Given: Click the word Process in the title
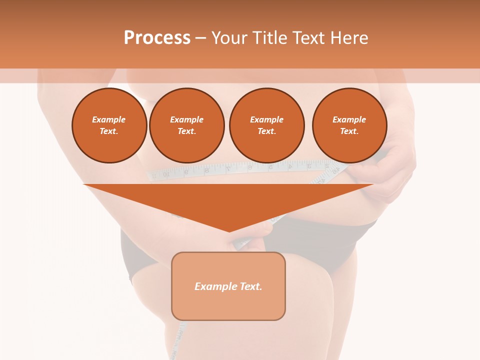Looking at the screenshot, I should click(x=157, y=38).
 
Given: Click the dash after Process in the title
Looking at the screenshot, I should click(x=200, y=38).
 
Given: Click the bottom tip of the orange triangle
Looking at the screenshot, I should click(x=229, y=230).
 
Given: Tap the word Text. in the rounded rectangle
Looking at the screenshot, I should click(x=251, y=286).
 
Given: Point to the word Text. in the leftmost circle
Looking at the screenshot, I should click(x=109, y=131).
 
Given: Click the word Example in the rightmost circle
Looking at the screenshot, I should click(x=349, y=119).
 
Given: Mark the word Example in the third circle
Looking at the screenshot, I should click(x=266, y=119).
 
